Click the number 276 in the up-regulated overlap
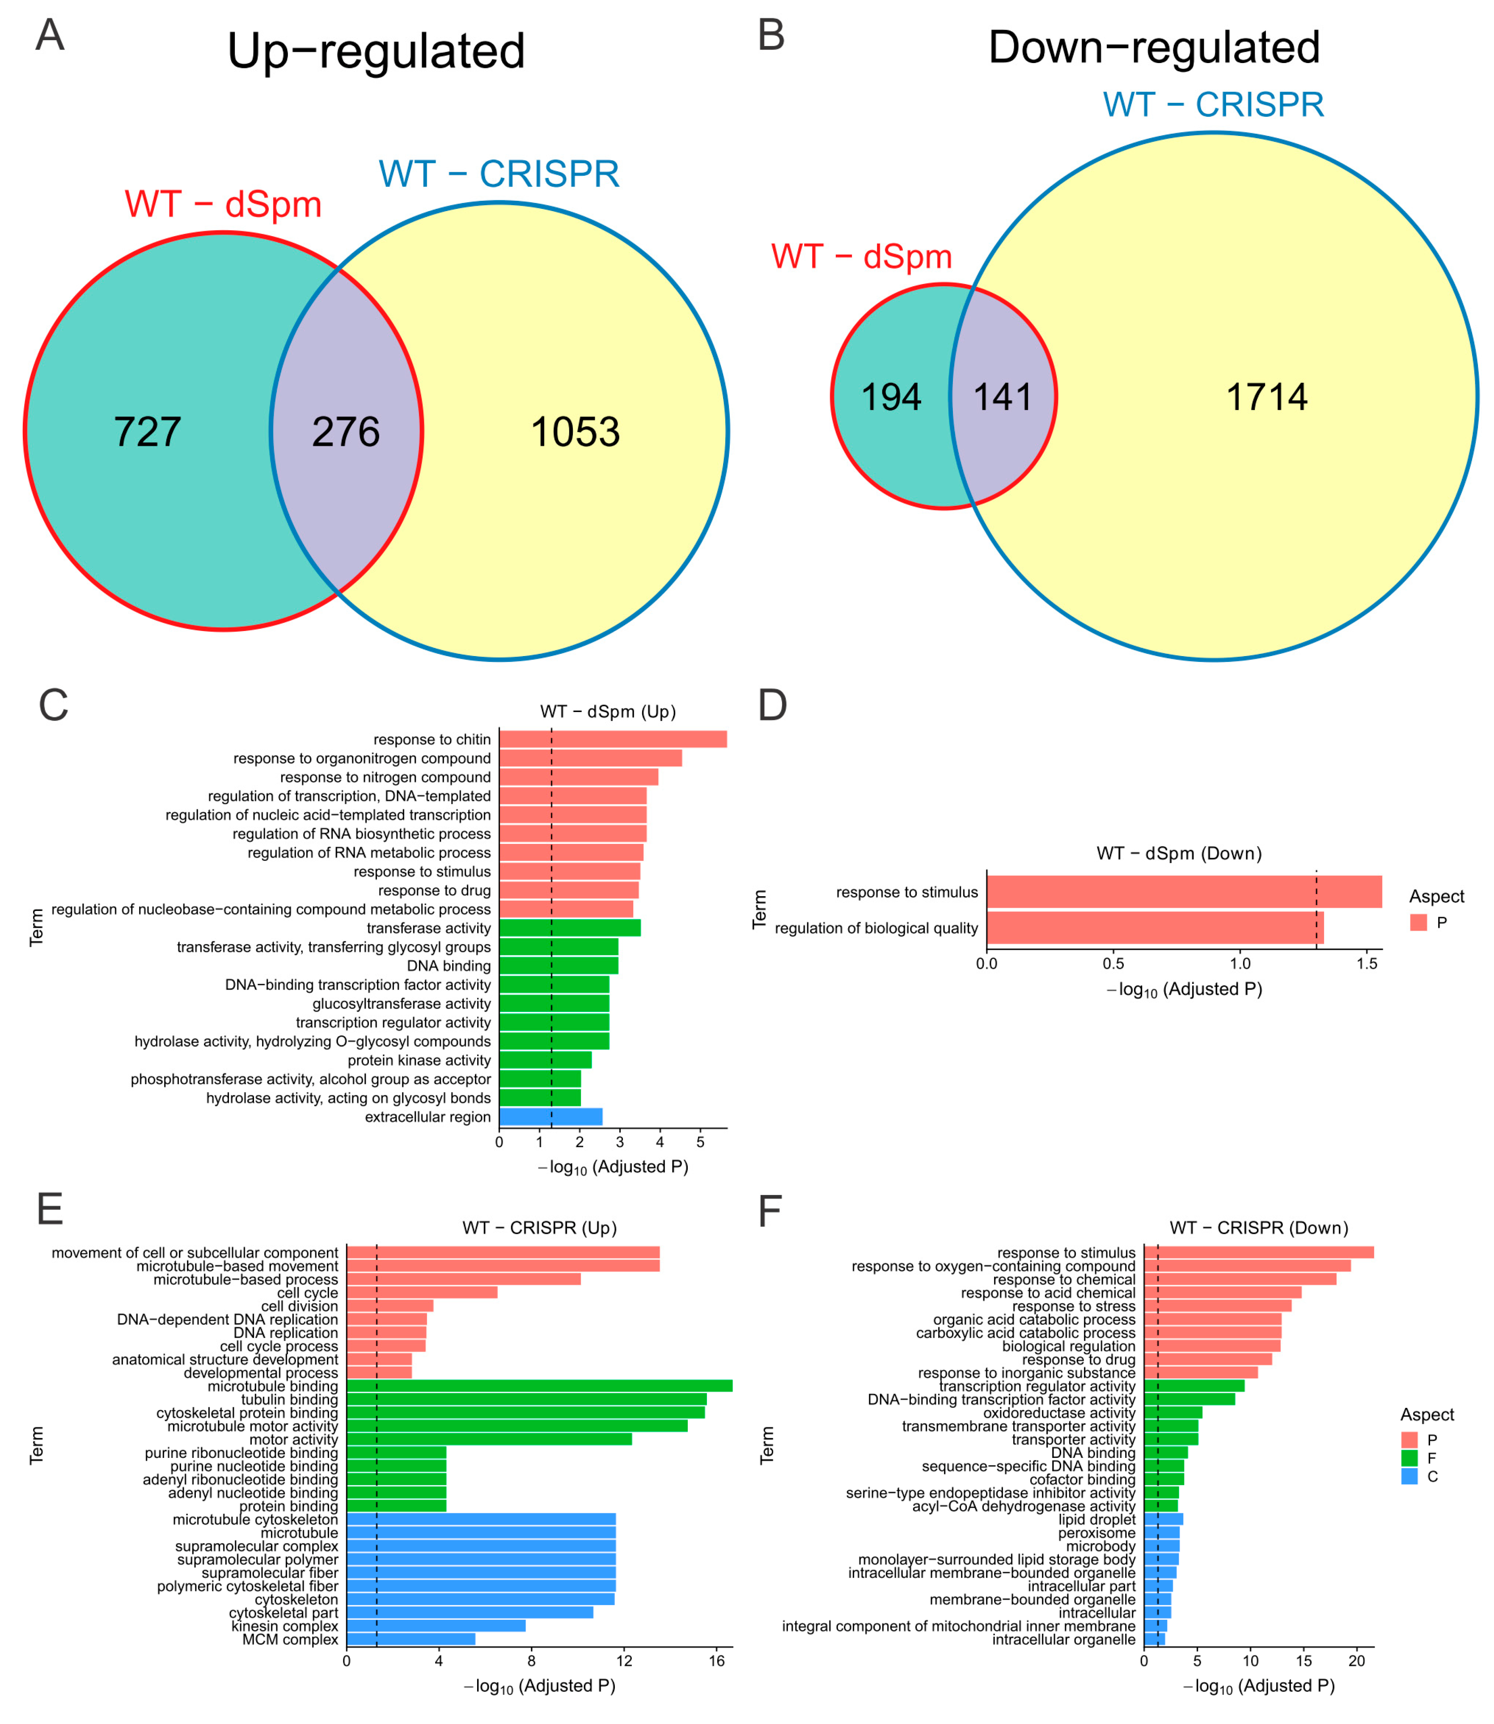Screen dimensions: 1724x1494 click(346, 432)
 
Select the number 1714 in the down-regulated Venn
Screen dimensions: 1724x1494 click(1266, 397)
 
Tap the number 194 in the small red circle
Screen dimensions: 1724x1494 click(890, 397)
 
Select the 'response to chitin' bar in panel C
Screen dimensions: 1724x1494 click(613, 739)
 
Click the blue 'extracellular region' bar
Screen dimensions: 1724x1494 click(550, 1117)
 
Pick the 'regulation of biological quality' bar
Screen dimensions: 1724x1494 click(1155, 928)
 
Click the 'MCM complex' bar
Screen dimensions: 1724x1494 click(410, 1639)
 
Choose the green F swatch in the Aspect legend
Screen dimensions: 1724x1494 click(1409, 1458)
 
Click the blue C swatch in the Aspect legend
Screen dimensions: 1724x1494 click(1409, 1476)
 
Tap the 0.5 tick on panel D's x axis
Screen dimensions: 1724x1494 click(1113, 964)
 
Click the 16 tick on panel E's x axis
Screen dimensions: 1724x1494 click(717, 1660)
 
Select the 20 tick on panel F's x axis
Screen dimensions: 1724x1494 click(1356, 1660)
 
